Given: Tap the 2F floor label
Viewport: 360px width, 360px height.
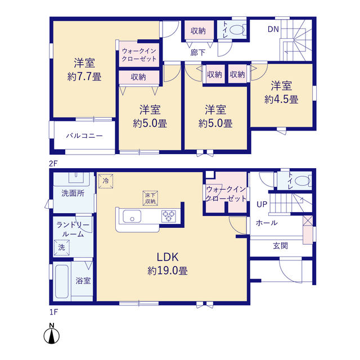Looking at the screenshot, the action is click(53, 164).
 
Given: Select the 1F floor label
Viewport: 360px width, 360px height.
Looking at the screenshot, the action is click(54, 312).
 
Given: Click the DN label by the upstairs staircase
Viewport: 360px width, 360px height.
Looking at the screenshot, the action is click(273, 29).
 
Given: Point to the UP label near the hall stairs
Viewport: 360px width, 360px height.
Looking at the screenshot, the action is click(262, 204).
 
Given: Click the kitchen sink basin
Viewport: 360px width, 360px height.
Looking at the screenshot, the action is click(132, 216).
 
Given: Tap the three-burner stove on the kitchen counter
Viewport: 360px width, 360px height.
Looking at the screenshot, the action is click(169, 216).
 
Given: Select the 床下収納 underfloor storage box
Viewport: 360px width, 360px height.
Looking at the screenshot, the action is click(150, 199).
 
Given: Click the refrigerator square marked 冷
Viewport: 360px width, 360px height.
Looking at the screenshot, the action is click(106, 181).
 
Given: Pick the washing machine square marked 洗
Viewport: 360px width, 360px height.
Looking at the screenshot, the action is click(62, 247).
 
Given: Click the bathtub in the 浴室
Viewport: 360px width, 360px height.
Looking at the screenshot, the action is click(62, 281).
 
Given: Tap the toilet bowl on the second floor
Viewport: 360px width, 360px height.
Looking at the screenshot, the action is click(237, 30).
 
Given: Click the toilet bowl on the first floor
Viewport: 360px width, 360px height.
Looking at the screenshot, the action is click(303, 181).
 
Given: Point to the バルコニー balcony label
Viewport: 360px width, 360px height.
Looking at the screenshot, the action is click(84, 136).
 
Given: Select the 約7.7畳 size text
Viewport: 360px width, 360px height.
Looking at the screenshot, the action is click(84, 76).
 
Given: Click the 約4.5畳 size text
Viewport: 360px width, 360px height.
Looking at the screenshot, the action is click(281, 100).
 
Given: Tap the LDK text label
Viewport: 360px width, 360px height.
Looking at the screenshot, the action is click(168, 257).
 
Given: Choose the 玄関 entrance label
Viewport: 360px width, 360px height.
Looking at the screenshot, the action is click(281, 246).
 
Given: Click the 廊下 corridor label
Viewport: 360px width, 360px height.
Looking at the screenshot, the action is click(197, 52).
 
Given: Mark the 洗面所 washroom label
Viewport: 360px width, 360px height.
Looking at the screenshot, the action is click(73, 193).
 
